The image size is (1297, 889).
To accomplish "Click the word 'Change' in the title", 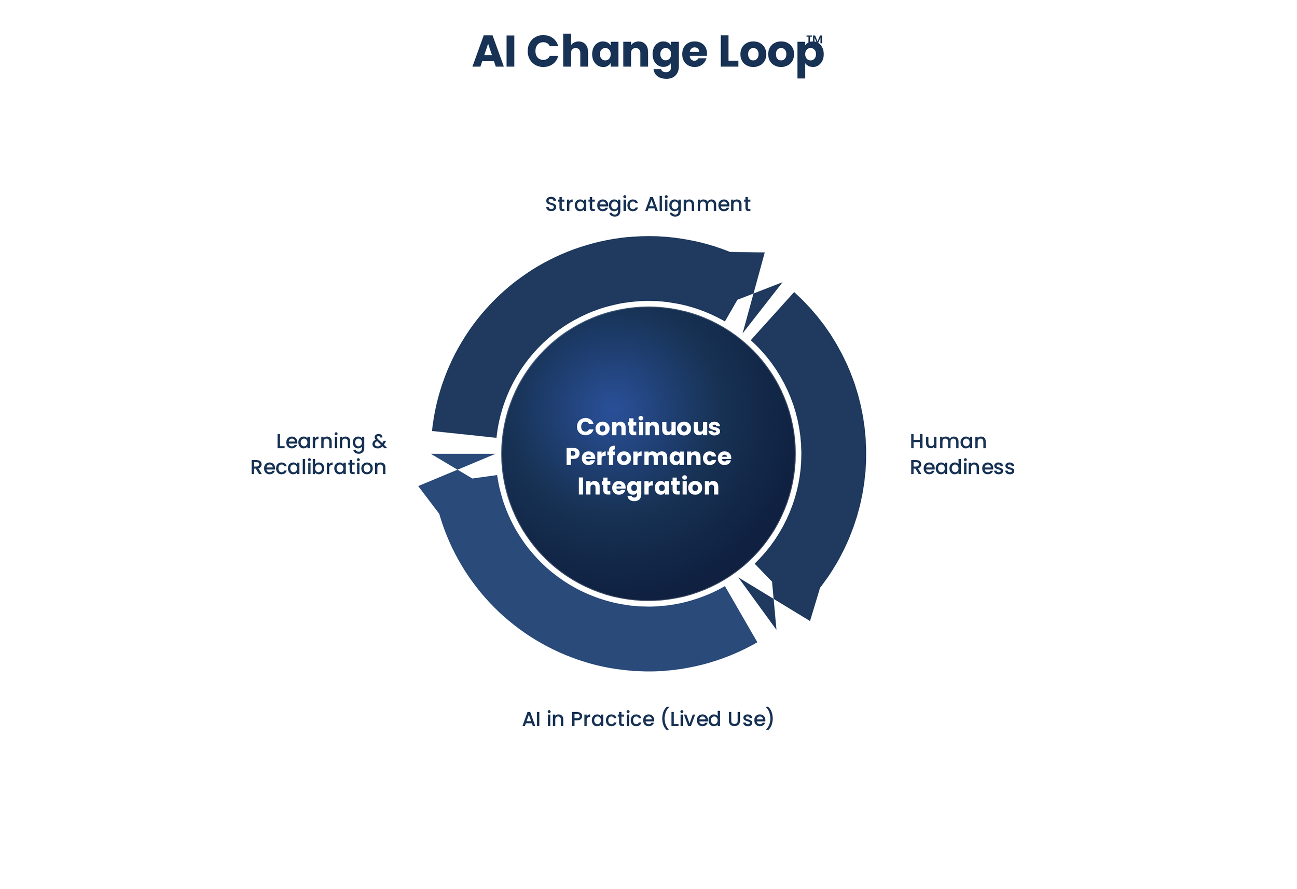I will point(617,52).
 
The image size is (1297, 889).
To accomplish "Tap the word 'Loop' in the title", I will point(770,52).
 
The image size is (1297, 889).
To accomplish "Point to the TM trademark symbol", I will point(814,39).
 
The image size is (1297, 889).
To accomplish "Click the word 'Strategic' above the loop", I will point(591,205).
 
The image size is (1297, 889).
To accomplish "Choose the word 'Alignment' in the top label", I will point(698,205).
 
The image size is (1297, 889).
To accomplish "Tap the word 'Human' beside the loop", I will point(948,441).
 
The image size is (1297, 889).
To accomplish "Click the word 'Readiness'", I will point(961,467).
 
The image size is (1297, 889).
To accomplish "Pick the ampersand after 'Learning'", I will point(379,441).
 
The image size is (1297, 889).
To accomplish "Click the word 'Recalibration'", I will point(318,467).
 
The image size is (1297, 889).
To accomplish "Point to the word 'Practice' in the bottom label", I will point(612,719).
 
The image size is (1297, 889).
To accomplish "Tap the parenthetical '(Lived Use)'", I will point(717,719).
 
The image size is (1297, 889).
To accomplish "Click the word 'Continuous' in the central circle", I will point(648,427).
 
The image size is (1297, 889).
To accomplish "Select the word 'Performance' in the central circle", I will point(648,457).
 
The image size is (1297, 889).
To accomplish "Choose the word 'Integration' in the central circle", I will point(648,487).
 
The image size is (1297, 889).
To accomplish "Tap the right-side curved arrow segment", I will point(826,447).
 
